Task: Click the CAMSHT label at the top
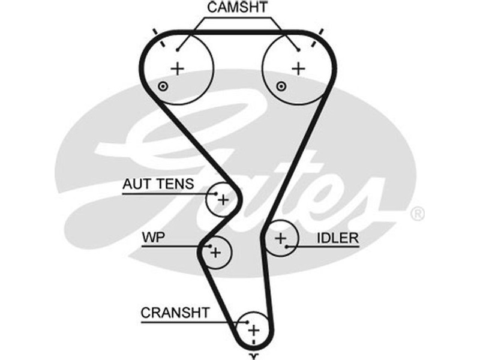click(x=238, y=8)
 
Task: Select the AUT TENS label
click(x=158, y=184)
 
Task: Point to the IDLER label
click(x=338, y=238)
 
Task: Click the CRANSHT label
click(x=175, y=313)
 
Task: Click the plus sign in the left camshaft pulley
click(x=178, y=68)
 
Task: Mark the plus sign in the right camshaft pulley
click(x=298, y=68)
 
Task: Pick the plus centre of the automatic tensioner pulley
click(x=223, y=199)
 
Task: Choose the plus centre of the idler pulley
click(x=281, y=239)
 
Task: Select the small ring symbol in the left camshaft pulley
click(x=162, y=88)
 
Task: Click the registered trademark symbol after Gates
click(x=417, y=214)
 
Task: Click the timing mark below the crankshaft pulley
click(x=254, y=355)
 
